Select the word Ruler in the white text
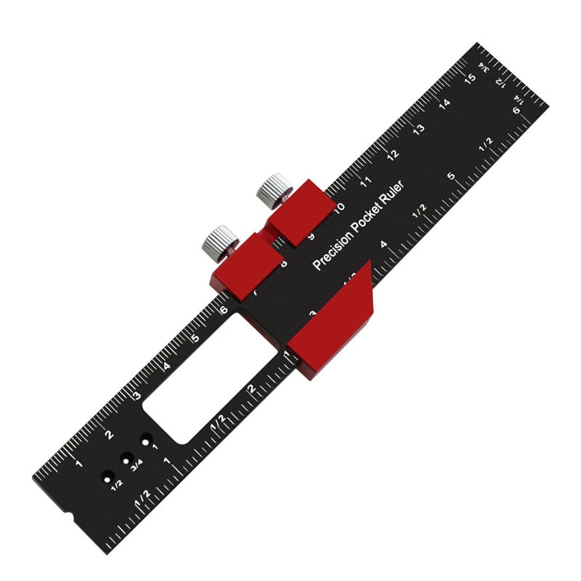coord(394,190)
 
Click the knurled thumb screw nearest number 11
coord(274,191)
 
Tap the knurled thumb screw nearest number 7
coord(220,242)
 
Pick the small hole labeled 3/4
coord(127,458)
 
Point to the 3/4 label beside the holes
coord(137,467)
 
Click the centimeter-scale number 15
coord(470,78)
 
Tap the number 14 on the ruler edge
coord(444,103)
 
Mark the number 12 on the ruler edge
coord(393,154)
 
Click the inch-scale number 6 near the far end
coord(517,111)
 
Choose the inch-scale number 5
coord(451,176)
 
